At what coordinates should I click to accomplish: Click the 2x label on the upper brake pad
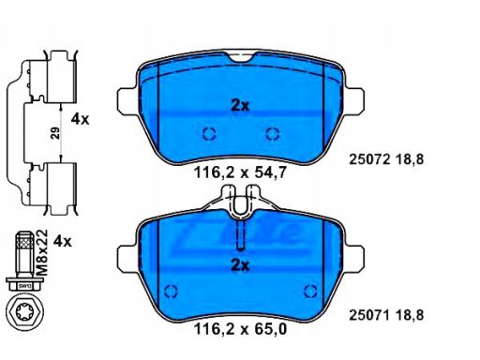click(240, 106)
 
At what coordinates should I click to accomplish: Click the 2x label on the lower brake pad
click(240, 265)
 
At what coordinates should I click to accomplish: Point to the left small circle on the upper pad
click(210, 132)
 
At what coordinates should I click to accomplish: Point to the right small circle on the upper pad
click(273, 132)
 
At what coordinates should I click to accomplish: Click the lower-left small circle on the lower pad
click(170, 290)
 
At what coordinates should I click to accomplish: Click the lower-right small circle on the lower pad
click(311, 290)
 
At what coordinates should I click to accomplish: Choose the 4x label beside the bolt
click(63, 241)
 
